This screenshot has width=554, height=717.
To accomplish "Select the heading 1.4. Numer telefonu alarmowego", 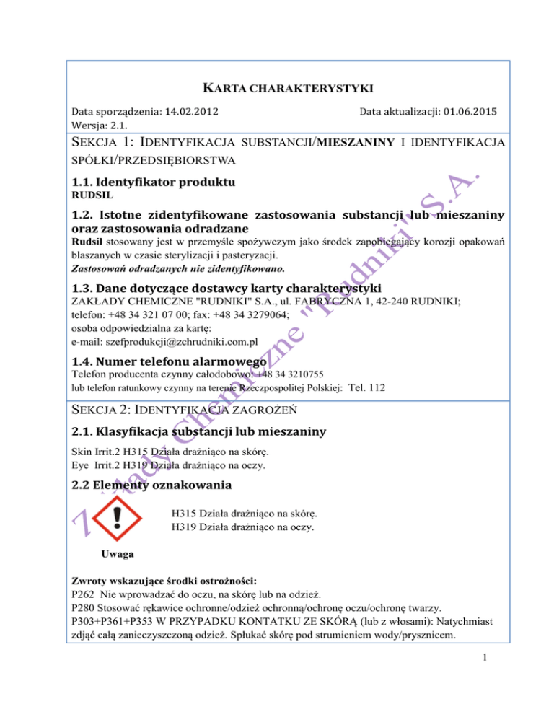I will [x=172, y=360].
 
